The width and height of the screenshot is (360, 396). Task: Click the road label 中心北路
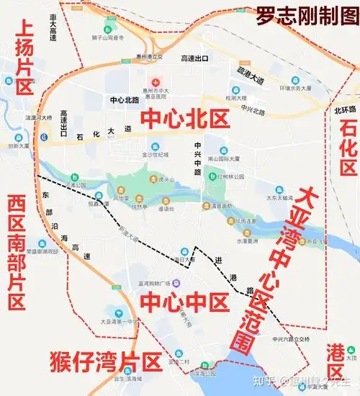(x=125, y=100)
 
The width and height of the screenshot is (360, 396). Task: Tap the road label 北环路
(x=345, y=110)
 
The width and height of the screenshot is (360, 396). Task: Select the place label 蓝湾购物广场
(x=153, y=282)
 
